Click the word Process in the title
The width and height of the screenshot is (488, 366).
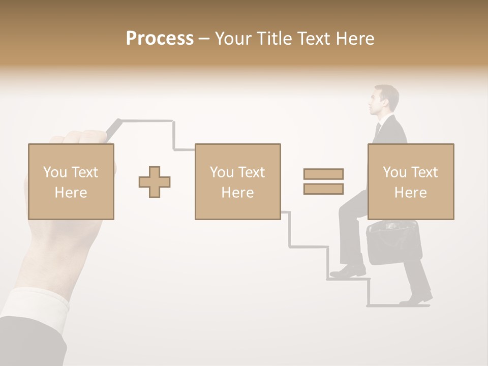coord(160,39)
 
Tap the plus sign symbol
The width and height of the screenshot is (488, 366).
coord(155,182)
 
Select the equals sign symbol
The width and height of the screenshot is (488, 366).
coord(323,181)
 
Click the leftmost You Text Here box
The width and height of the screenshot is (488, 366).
coord(71,181)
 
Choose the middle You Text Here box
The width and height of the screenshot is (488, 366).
coord(237,181)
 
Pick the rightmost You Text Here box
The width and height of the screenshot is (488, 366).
coord(410,181)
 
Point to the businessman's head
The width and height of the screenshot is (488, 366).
coord(383,100)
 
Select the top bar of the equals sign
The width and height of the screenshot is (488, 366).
coord(323,174)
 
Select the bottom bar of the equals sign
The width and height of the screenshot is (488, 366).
coord(323,189)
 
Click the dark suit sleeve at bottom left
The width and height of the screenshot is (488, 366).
coord(25,341)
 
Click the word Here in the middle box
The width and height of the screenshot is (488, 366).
coord(237,193)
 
